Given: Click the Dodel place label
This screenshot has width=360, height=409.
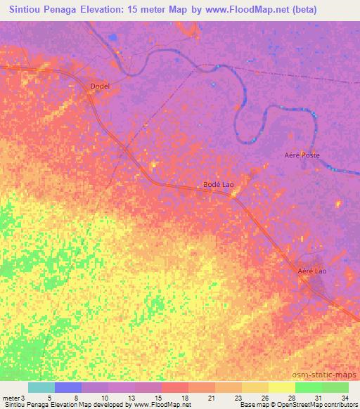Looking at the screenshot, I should tap(101, 86).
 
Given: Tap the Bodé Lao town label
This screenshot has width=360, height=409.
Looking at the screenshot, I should tap(218, 184).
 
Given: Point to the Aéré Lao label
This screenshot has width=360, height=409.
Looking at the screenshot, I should tap(312, 270).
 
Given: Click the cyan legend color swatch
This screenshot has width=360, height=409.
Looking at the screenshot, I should tap(41, 387).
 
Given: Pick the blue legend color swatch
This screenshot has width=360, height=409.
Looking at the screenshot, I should tap(68, 387).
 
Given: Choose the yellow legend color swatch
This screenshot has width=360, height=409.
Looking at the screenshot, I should tap(282, 387).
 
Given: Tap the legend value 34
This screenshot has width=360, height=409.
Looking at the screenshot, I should tap(345, 398).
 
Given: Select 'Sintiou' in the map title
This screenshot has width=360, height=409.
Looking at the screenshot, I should tap(26, 10).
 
